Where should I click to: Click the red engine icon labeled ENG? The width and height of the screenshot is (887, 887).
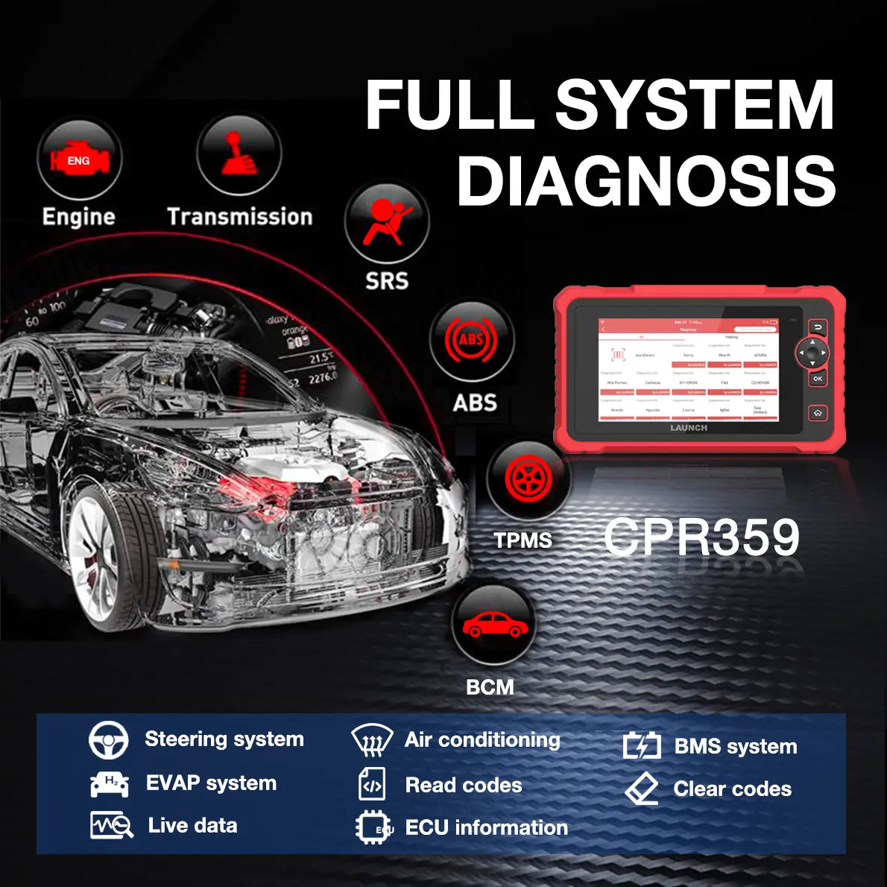(79, 160)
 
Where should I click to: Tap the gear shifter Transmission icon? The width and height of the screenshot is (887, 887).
(239, 154)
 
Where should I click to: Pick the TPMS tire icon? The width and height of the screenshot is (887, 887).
(528, 478)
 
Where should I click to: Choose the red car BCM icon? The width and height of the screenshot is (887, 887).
(492, 625)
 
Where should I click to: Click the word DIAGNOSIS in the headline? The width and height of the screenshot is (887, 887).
(645, 181)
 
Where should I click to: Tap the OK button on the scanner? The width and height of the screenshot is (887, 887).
(818, 379)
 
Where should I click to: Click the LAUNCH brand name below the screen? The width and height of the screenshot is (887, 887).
(689, 428)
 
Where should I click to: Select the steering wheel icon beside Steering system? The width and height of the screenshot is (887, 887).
(108, 739)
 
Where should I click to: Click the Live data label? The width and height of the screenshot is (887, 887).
(192, 825)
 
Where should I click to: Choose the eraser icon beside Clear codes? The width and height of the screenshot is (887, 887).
(642, 789)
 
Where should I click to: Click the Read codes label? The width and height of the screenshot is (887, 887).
(463, 785)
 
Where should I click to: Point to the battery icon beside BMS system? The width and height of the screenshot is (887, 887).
(642, 745)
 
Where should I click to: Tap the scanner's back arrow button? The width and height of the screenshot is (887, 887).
(818, 328)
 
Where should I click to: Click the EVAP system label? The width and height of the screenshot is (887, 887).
(211, 783)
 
